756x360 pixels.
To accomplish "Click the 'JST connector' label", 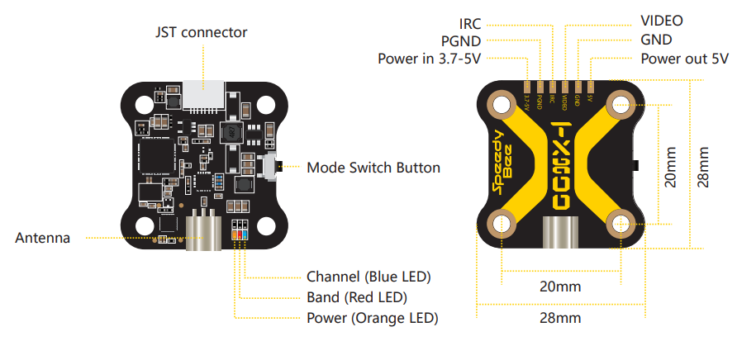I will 202,32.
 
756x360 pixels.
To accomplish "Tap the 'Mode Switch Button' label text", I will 373,168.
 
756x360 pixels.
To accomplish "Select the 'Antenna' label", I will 43,239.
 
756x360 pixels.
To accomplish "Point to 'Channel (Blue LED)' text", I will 368,277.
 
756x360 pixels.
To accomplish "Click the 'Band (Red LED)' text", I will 357,297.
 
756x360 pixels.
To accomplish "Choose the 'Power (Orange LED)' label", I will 372,318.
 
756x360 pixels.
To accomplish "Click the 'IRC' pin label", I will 470,21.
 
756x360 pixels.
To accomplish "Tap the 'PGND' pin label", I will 461,40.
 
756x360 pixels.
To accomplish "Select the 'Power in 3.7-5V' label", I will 430,59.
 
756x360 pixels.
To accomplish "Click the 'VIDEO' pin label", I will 662,21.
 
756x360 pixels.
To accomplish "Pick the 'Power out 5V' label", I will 684,59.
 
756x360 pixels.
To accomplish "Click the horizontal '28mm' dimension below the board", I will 559,318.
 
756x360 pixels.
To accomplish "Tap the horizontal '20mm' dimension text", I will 559,287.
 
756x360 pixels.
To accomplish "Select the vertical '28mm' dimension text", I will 703,168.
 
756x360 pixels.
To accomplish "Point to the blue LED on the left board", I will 245,234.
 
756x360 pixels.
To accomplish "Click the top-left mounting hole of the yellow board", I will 501,104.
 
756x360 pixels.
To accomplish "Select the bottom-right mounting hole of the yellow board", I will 620,224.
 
